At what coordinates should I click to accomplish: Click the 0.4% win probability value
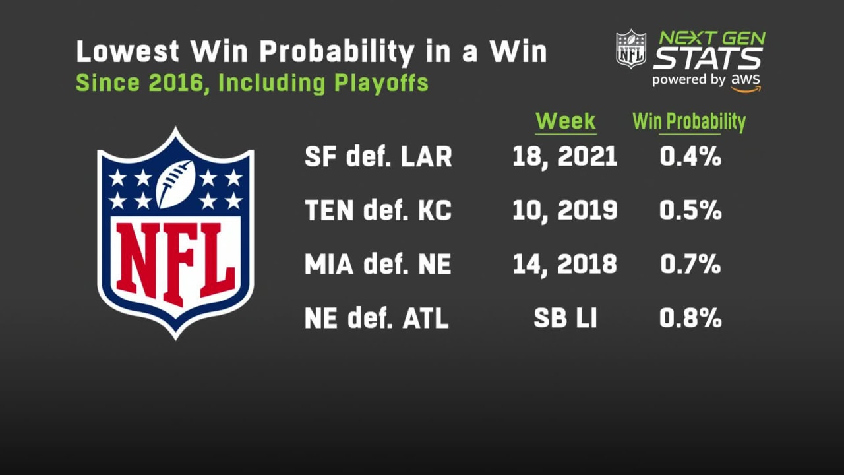coord(690,156)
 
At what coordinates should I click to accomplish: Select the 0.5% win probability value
coord(690,210)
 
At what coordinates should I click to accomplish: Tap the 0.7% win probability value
coord(690,265)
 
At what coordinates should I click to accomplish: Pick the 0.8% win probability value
coord(690,319)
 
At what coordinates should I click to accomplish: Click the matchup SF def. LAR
coord(378,157)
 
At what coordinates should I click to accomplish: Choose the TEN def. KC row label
coord(378,211)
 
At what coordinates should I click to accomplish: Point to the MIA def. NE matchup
coord(378,265)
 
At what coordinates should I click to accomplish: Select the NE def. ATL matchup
coord(377,319)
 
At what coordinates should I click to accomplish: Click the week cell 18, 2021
coord(565,156)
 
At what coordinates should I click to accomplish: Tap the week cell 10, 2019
coord(565,210)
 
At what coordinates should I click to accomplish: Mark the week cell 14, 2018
coord(565,265)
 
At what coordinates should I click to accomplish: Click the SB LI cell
coord(565,319)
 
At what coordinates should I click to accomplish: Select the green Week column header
coord(565,121)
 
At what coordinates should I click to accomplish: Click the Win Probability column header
coord(689,121)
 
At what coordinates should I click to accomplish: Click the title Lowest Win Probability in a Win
coord(311,52)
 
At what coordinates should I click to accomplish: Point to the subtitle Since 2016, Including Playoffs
coord(252,83)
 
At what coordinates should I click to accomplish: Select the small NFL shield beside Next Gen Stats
coord(631,49)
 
